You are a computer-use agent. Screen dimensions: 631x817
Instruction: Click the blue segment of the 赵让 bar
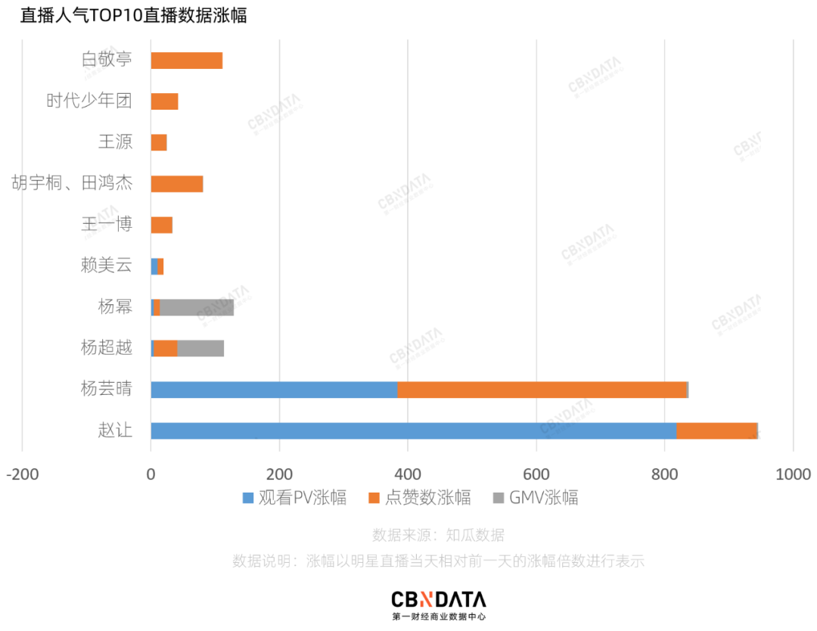[x=413, y=431]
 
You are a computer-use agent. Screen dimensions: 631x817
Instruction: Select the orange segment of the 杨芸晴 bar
[x=542, y=390]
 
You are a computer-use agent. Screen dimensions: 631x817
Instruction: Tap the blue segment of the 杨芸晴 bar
[x=274, y=390]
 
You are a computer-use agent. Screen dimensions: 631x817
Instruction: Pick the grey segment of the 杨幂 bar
[x=197, y=308]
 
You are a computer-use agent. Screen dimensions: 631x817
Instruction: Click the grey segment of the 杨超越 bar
[x=200, y=349]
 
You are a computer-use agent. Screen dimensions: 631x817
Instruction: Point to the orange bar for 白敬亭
[x=187, y=61]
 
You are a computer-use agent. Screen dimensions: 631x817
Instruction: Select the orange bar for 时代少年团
[x=165, y=102]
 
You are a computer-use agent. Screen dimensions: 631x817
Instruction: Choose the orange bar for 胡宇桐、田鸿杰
[x=177, y=184]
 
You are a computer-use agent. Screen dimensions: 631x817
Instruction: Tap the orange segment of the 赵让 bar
[x=716, y=431]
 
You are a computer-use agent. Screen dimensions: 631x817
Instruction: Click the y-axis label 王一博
[x=106, y=224]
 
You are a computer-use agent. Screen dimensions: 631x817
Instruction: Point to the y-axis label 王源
[x=115, y=142]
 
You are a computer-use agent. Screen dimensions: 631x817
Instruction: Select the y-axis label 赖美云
[x=106, y=265]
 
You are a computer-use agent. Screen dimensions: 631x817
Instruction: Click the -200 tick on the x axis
[x=22, y=474]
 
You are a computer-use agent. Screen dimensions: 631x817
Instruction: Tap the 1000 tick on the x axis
[x=793, y=474]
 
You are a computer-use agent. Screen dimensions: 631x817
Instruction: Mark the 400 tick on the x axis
[x=408, y=474]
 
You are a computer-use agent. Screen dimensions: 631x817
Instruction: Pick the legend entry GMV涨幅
[x=536, y=498]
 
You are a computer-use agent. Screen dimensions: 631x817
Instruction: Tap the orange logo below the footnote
[x=426, y=599]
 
